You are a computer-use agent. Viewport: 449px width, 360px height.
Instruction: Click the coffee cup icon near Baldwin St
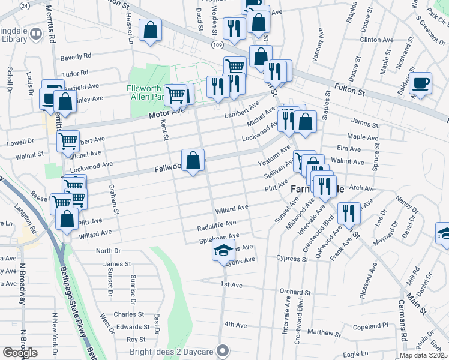click(x=421, y=83)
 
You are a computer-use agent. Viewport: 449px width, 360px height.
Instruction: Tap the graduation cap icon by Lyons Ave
click(x=223, y=250)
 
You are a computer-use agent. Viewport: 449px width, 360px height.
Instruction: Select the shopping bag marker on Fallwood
click(x=193, y=160)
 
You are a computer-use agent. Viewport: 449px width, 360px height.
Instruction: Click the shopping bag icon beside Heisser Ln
click(x=150, y=29)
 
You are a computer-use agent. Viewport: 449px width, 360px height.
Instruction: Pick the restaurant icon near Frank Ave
click(x=348, y=212)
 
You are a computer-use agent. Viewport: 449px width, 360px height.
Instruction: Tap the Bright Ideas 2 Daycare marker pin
click(x=223, y=350)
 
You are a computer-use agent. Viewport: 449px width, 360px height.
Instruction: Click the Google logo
click(x=20, y=353)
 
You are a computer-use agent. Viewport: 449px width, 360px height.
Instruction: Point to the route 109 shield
click(x=217, y=45)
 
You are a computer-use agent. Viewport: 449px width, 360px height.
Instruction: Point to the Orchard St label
click(x=295, y=292)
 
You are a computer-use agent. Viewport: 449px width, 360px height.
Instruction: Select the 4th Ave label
click(x=236, y=325)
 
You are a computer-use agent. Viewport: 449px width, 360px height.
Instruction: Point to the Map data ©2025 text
click(x=424, y=355)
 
